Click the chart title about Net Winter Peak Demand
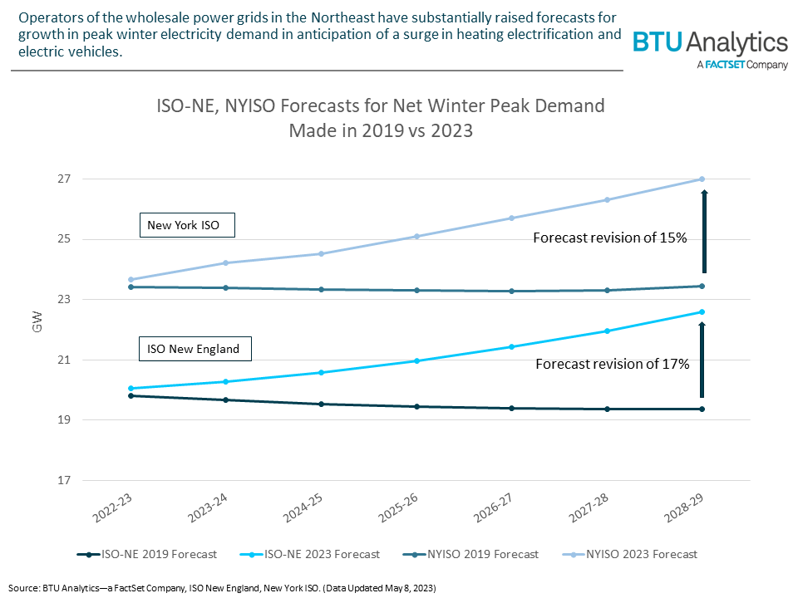pyautogui.click(x=381, y=118)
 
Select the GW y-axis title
pyautogui.click(x=37, y=326)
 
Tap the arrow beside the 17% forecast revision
pyautogui.click(x=702, y=360)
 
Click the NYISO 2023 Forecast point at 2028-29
pyautogui.click(x=702, y=179)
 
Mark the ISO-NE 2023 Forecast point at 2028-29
pyautogui.click(x=702, y=312)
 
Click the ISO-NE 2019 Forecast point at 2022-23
pyautogui.click(x=131, y=395)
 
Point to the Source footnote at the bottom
pyautogui.click(x=224, y=587)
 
